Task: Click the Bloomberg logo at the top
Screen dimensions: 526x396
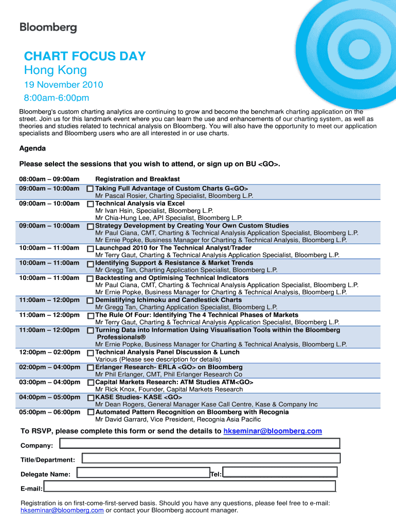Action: point(48,28)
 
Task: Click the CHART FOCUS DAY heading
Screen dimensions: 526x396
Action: point(85,57)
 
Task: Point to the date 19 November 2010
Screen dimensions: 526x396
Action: point(64,85)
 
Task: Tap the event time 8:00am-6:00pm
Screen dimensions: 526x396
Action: point(57,98)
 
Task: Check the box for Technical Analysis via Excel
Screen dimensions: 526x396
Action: point(90,204)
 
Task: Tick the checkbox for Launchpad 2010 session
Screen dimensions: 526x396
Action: point(90,249)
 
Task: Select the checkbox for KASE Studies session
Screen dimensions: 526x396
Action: point(90,398)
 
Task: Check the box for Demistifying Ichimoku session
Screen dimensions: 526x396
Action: point(90,300)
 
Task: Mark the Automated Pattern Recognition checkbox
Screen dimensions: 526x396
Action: point(91,412)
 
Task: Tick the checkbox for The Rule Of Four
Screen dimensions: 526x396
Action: point(90,315)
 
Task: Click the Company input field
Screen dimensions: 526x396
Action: point(200,444)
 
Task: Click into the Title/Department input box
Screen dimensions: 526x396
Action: point(211,458)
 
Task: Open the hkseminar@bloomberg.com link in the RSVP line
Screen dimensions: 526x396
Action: point(273,431)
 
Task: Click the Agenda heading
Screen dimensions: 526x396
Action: point(32,148)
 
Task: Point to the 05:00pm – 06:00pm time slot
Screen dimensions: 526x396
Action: point(49,412)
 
